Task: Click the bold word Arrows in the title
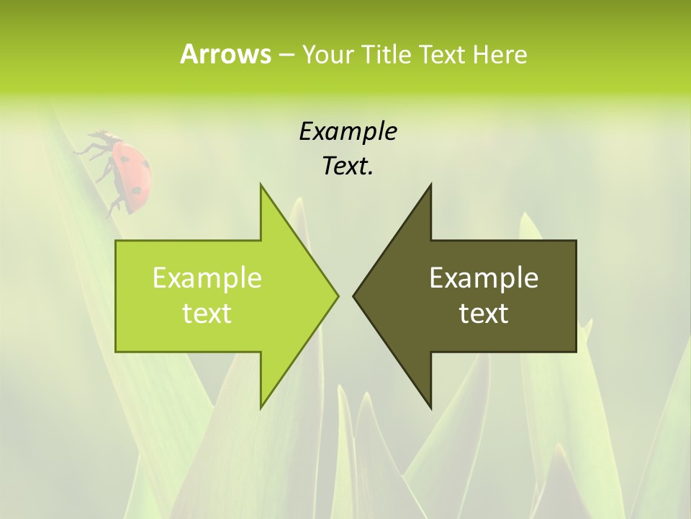[x=225, y=54]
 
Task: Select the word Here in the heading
[x=500, y=54]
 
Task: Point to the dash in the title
[x=285, y=55]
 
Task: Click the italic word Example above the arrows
[x=348, y=131]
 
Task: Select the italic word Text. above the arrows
[x=348, y=166]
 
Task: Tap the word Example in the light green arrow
[x=207, y=278]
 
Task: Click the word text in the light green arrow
[x=207, y=313]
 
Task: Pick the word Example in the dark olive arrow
[x=484, y=278]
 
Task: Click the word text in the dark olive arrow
[x=484, y=313]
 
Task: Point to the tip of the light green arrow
[x=338, y=296]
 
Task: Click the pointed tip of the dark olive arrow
[x=354, y=296]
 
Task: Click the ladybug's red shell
[x=133, y=172]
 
